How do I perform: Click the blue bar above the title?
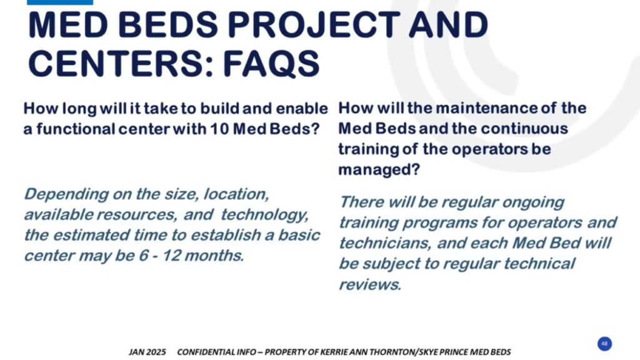click(x=60, y=2)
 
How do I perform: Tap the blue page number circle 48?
click(x=604, y=344)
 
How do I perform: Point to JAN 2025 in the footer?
click(x=147, y=352)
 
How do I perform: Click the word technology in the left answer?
click(x=264, y=215)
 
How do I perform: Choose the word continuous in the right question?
click(x=524, y=129)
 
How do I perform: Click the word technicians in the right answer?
click(x=385, y=244)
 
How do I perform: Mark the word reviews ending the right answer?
click(x=370, y=284)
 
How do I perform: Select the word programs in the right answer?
click(x=437, y=223)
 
